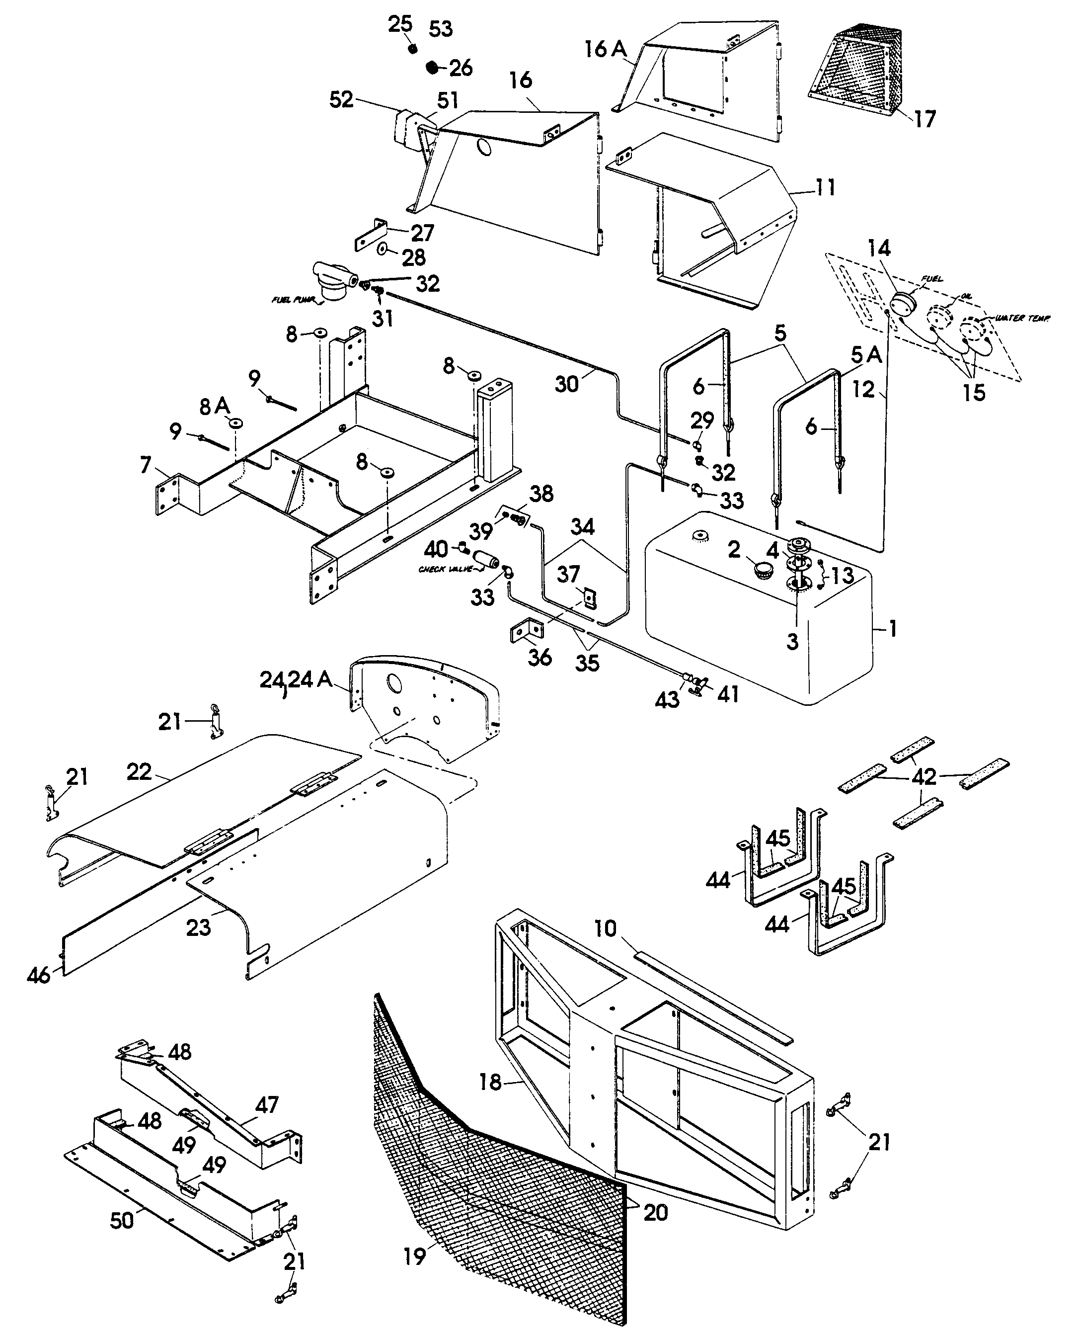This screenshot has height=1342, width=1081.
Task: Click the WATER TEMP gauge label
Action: coord(1022,319)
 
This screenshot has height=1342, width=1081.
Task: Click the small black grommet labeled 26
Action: coord(432,67)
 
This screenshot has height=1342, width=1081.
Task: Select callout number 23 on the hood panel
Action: coord(199,927)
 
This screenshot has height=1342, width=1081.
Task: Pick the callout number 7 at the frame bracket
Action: coord(146,464)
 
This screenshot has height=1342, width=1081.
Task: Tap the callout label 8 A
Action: coord(215,407)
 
